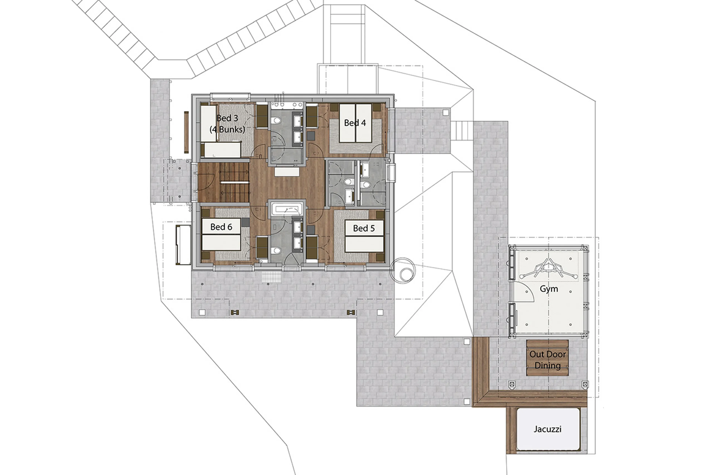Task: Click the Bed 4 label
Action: point(355,123)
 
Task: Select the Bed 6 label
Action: point(221,227)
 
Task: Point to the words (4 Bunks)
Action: point(227,129)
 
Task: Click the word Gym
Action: point(549,289)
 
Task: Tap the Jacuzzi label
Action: point(547,429)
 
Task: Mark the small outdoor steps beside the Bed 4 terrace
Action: point(461,130)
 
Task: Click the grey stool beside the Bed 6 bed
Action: point(245,222)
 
